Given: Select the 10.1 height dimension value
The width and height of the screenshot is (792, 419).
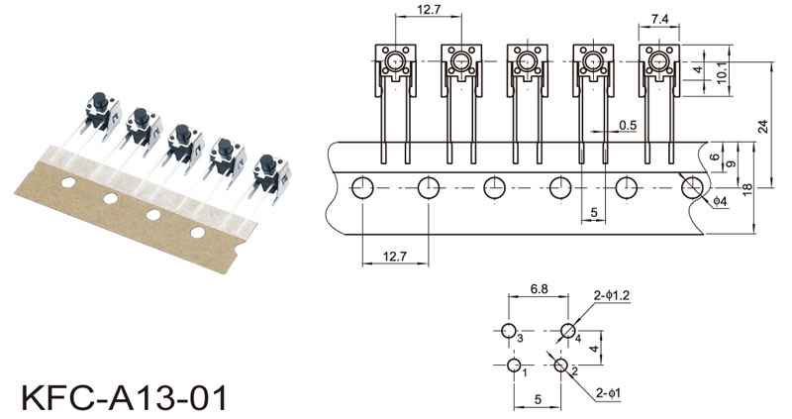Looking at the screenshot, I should coord(723,70).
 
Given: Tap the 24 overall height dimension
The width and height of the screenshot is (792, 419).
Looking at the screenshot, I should coord(762,126).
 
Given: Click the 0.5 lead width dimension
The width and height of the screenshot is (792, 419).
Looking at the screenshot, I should coord(627,125).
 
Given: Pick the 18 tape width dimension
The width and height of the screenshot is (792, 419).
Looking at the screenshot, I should coord(746,187).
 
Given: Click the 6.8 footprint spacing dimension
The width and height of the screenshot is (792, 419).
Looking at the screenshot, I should coord(540,288).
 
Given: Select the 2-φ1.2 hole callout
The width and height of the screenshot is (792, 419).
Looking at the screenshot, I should coord(611,295).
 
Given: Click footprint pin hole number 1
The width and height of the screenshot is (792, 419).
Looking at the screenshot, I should coord(514,366).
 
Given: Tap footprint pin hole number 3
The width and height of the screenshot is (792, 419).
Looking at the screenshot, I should coord(509,331).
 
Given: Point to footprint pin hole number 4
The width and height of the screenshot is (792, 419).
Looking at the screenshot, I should coord(568,331).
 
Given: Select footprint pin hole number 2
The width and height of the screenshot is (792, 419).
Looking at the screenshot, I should coord(561,366).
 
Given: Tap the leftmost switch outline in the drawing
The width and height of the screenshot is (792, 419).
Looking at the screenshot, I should coord(395,67).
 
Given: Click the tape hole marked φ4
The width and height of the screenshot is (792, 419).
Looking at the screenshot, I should coord(692,187).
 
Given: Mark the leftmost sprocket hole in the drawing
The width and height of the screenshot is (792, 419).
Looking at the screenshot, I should coord(361,187).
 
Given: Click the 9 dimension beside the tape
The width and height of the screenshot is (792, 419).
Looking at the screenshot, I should coord(730,163).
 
